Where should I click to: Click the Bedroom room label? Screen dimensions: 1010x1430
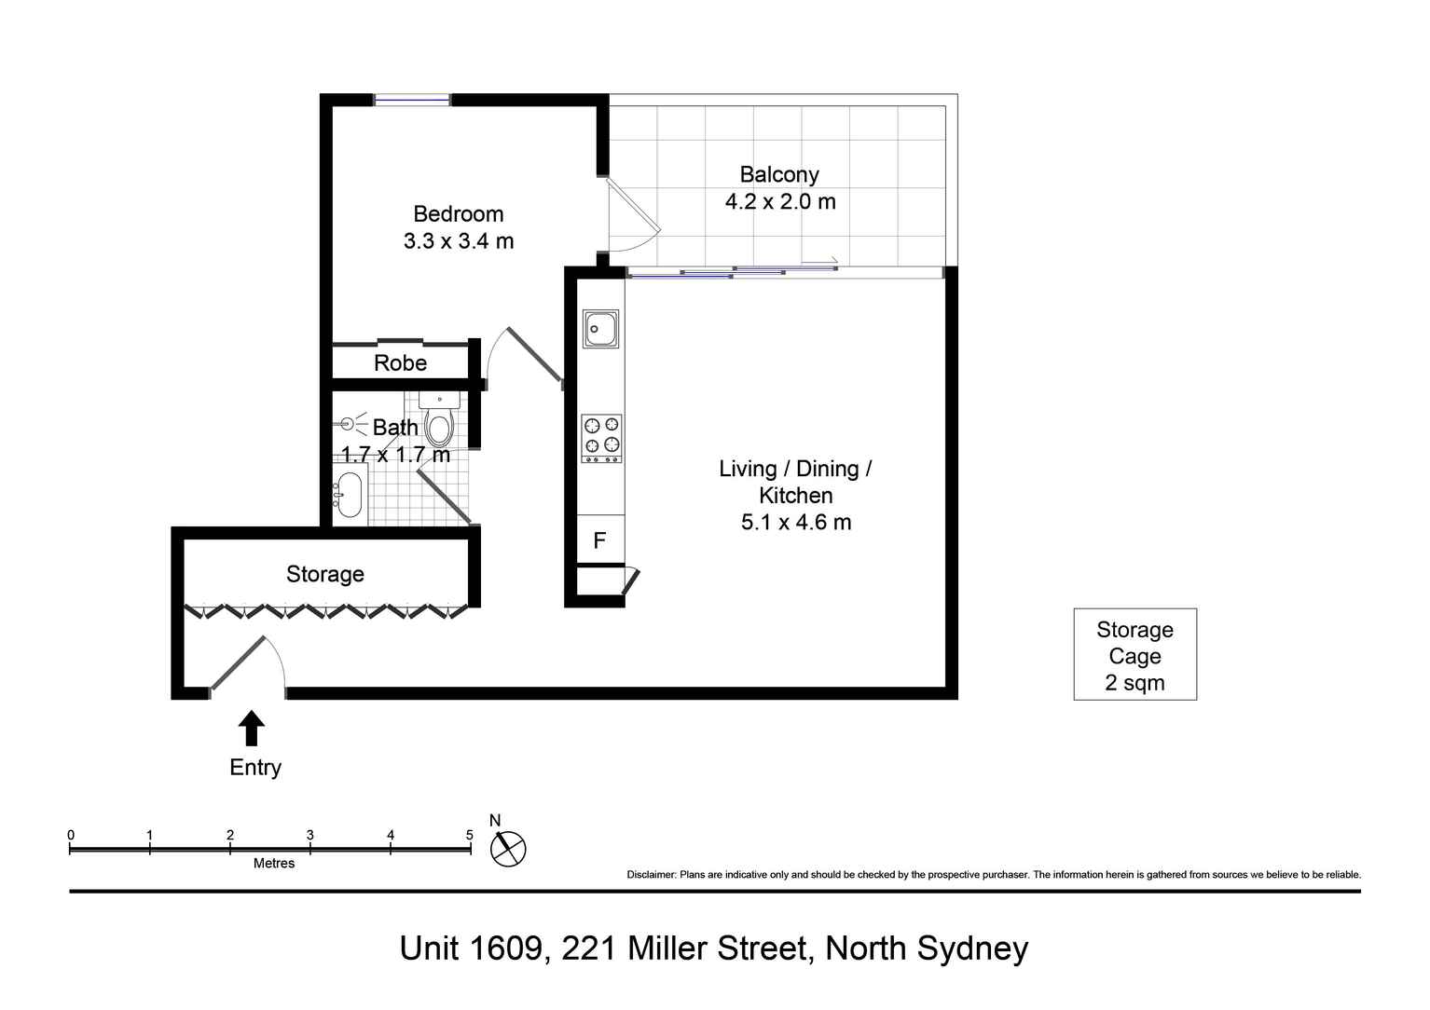coord(458,214)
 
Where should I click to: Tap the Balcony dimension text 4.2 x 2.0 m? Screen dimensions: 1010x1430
coord(780,201)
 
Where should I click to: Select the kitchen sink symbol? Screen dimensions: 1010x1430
coord(600,329)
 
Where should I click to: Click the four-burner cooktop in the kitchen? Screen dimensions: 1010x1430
coord(601,438)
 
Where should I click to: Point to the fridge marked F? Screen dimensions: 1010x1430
coord(599,540)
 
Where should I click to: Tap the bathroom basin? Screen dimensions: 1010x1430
coord(349,494)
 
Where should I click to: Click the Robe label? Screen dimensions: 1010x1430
coord(400,363)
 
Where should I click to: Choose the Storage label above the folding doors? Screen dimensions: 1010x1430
coord(324,574)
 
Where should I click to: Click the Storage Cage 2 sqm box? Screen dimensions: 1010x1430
coord(1134,655)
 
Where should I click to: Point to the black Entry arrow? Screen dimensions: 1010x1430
coord(251,728)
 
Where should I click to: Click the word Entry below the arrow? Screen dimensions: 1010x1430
coord(255,767)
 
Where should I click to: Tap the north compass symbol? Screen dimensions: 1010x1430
coord(508,848)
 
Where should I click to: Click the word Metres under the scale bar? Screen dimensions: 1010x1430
coord(274,864)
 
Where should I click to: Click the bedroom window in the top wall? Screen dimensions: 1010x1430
coord(412,99)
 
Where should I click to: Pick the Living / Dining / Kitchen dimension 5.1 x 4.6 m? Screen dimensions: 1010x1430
coord(796,522)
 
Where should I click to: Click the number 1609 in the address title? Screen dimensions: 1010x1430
coord(503,948)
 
